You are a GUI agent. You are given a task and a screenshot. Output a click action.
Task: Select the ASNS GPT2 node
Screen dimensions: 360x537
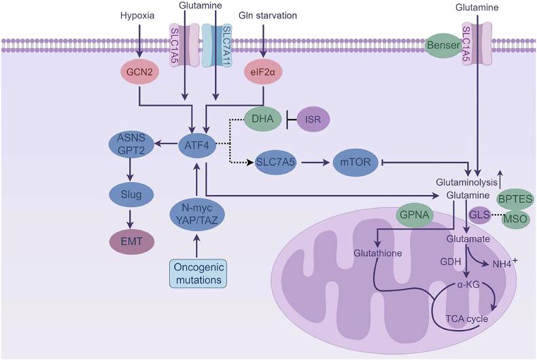pos(133,144)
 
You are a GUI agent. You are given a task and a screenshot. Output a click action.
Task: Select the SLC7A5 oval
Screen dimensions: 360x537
pos(278,164)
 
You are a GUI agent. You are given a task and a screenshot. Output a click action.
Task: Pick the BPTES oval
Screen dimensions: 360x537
pos(515,198)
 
